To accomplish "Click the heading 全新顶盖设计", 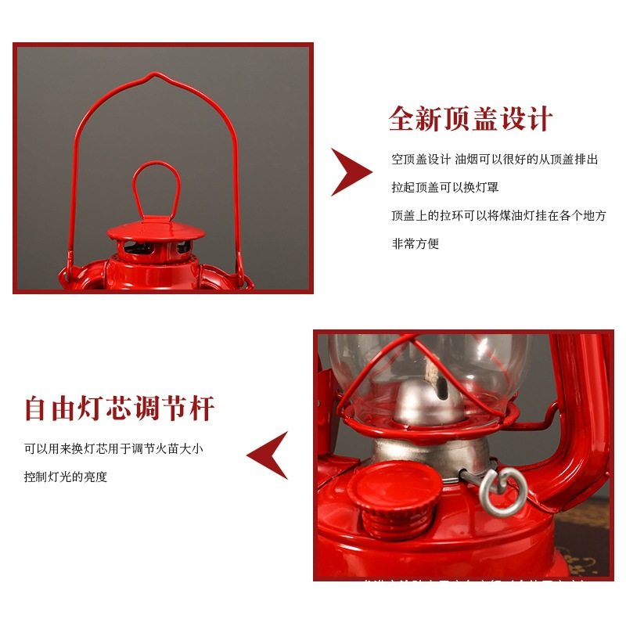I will pos(470,118).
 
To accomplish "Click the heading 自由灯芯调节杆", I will pos(119,408).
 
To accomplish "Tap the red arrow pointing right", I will pos(350,171).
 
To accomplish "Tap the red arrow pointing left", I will pos(268,455).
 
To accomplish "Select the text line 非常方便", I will pos(416,243).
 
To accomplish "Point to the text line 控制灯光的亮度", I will pos(66,477).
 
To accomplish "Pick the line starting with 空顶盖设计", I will pos(495,159).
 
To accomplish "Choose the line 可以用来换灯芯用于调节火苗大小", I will pos(114,448).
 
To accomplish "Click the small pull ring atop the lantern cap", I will pos(156,188).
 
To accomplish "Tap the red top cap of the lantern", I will pos(156,231).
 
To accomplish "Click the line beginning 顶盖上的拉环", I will pos(498,215).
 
